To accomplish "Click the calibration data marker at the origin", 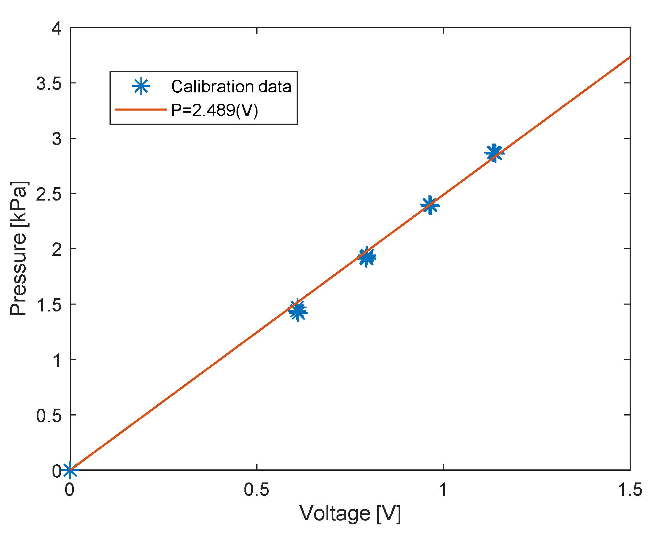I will pos(70,469).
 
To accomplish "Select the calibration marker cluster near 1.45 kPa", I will pos(298,310).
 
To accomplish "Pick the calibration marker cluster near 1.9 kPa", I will pos(367,257).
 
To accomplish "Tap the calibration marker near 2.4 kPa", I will pos(429,205).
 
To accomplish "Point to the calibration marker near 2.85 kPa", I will pos(494,153).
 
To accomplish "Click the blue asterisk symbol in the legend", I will pos(141,86).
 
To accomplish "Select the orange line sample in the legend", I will pos(141,110).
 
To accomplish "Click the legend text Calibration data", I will pos(231,87).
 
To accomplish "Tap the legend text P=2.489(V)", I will pos(215,110).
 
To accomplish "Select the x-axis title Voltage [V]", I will pos(350,514).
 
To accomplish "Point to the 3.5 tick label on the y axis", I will pos(49,83).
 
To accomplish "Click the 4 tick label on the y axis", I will pos(56,28).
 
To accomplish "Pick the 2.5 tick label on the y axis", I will pos(49,194).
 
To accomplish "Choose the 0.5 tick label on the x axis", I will pos(256,490).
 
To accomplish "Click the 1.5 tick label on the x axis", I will pos(630,490).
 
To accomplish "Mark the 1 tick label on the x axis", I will pos(443,490).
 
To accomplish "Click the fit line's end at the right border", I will pos(629,58).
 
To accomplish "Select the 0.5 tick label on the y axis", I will pos(49,415).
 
